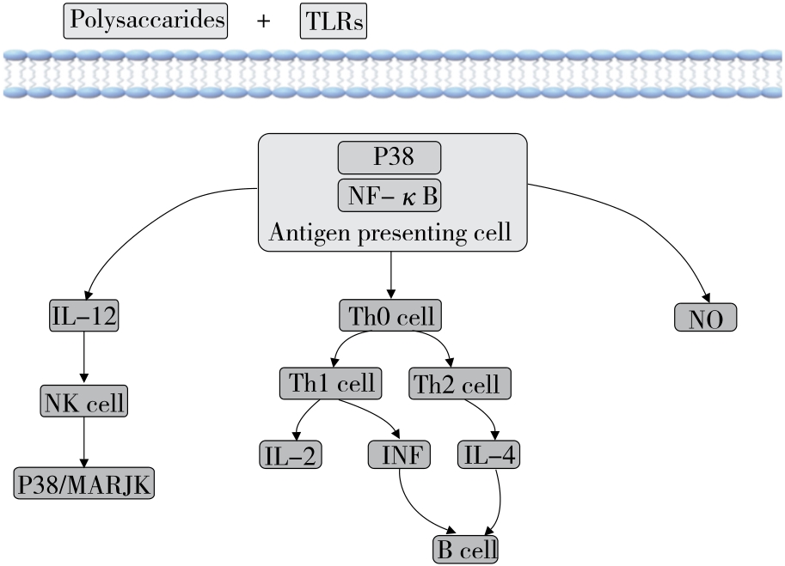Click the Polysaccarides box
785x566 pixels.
[x=144, y=20]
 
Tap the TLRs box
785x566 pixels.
[x=333, y=21]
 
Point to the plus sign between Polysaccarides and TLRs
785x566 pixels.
[x=263, y=21]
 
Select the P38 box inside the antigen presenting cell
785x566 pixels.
[x=389, y=158]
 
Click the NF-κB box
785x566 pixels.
[x=389, y=197]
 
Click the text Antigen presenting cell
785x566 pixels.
[x=390, y=232]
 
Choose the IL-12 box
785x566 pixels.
[x=84, y=316]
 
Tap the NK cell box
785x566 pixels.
[x=84, y=400]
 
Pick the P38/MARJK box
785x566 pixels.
[x=84, y=484]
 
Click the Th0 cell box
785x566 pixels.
[x=391, y=315]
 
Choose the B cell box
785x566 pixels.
[x=465, y=549]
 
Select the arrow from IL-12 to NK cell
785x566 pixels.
[x=84, y=357]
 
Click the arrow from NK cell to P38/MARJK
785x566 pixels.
[x=84, y=442]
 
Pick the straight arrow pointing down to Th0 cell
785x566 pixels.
[x=391, y=277]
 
